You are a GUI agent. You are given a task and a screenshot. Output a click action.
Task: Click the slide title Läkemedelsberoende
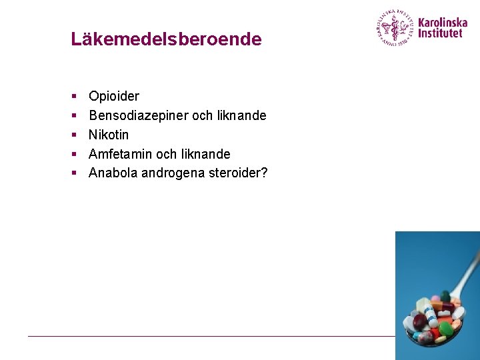pyautogui.click(x=166, y=39)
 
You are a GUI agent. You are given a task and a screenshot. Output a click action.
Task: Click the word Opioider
pyautogui.click(x=114, y=96)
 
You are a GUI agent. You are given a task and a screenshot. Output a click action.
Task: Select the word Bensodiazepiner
pyautogui.click(x=139, y=115)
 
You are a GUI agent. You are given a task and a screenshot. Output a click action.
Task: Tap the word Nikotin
pyautogui.click(x=109, y=135)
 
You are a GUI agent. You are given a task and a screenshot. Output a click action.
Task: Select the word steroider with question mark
pyautogui.click(x=237, y=173)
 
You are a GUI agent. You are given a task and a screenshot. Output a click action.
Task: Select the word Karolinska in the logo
pyautogui.click(x=443, y=21)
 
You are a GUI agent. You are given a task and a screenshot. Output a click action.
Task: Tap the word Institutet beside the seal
pyautogui.click(x=440, y=33)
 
